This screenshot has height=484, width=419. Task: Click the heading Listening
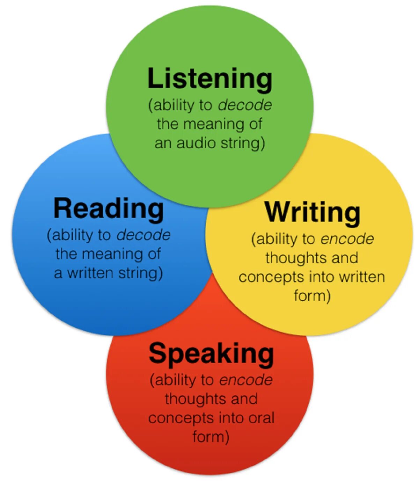(209, 79)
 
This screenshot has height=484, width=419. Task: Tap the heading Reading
(109, 209)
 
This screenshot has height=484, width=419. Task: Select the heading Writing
(313, 212)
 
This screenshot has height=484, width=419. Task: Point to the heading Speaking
(211, 354)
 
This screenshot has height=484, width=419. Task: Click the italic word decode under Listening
(245, 105)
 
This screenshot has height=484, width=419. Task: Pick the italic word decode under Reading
(144, 235)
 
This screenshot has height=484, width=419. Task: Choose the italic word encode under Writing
(347, 239)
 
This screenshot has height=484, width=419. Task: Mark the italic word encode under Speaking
(246, 380)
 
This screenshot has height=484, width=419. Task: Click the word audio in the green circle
(192, 143)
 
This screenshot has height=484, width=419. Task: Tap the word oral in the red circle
(262, 418)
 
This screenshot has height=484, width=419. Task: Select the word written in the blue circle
(91, 273)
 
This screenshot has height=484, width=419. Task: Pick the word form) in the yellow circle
(312, 296)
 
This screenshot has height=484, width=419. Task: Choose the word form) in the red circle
(211, 437)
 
